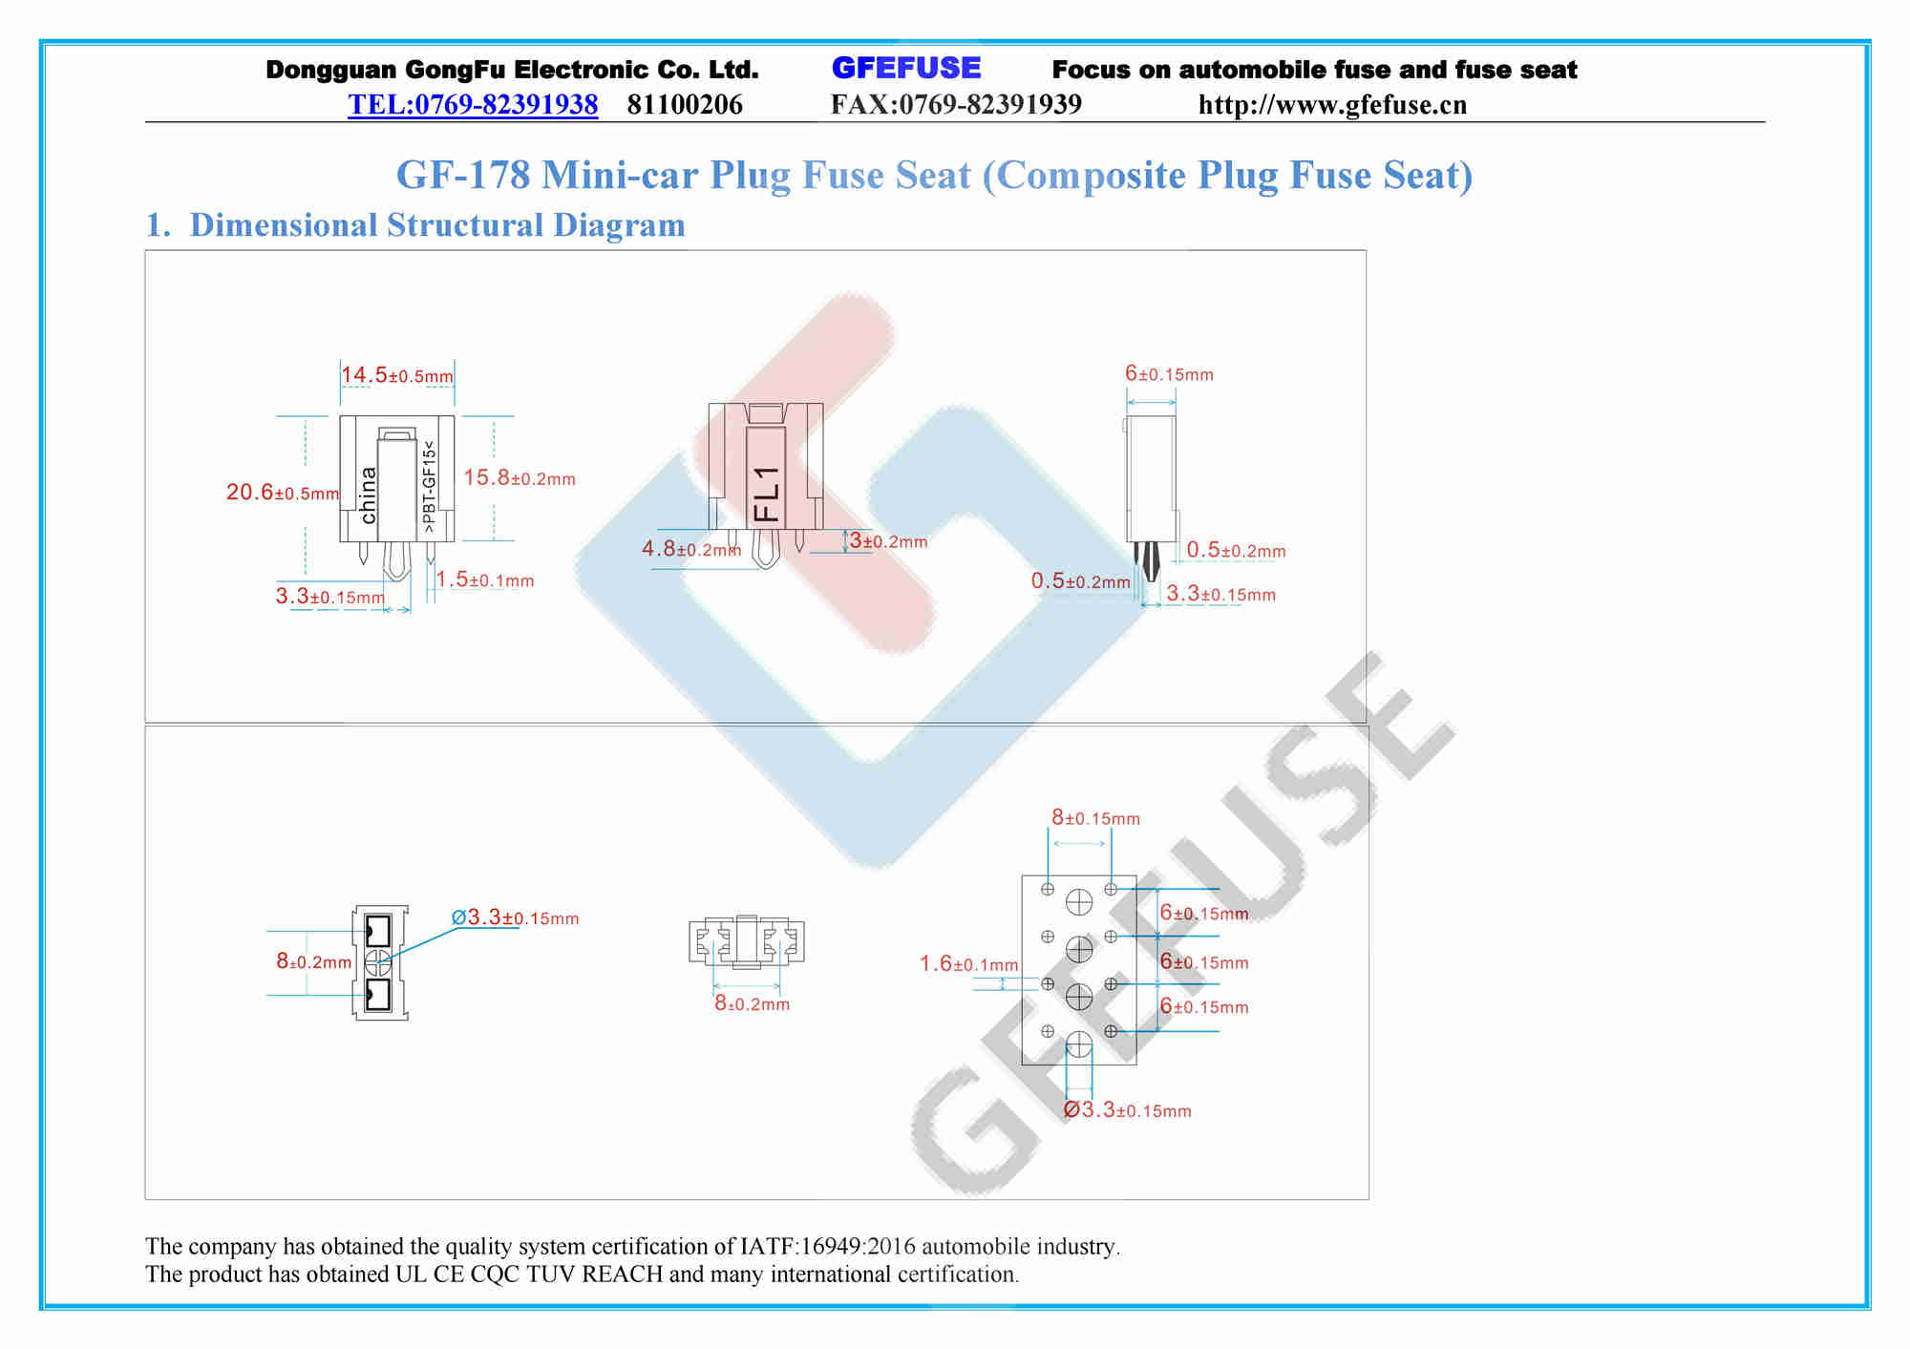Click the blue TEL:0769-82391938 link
point(473,104)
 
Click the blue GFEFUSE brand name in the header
point(905,68)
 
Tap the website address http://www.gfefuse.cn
point(1332,104)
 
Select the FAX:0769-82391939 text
point(956,104)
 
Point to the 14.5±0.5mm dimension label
point(397,375)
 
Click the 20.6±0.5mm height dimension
point(283,493)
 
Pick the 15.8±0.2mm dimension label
point(520,478)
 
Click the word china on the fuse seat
point(369,495)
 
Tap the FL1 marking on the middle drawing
point(767,494)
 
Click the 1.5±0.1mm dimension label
point(485,580)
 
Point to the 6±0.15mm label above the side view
point(1169,374)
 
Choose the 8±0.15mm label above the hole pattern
point(1095,818)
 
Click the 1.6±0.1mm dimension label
point(968,964)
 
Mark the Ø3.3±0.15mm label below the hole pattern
point(1128,1110)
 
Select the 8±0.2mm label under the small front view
point(753,1003)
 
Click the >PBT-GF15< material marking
point(429,487)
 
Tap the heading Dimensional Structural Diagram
point(437,225)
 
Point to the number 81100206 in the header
point(685,104)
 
